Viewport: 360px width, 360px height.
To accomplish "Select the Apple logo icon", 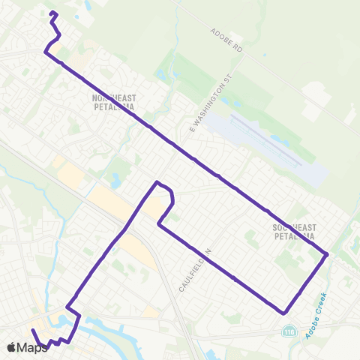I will [11, 347].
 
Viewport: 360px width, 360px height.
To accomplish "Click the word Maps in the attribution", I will [32, 347].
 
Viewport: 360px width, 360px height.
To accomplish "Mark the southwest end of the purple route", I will [32, 331].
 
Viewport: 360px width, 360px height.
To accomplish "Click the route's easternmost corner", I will [328, 255].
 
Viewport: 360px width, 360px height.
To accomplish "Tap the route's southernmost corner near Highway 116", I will [283, 311].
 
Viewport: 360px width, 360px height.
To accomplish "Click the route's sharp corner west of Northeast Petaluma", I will [46, 52].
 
